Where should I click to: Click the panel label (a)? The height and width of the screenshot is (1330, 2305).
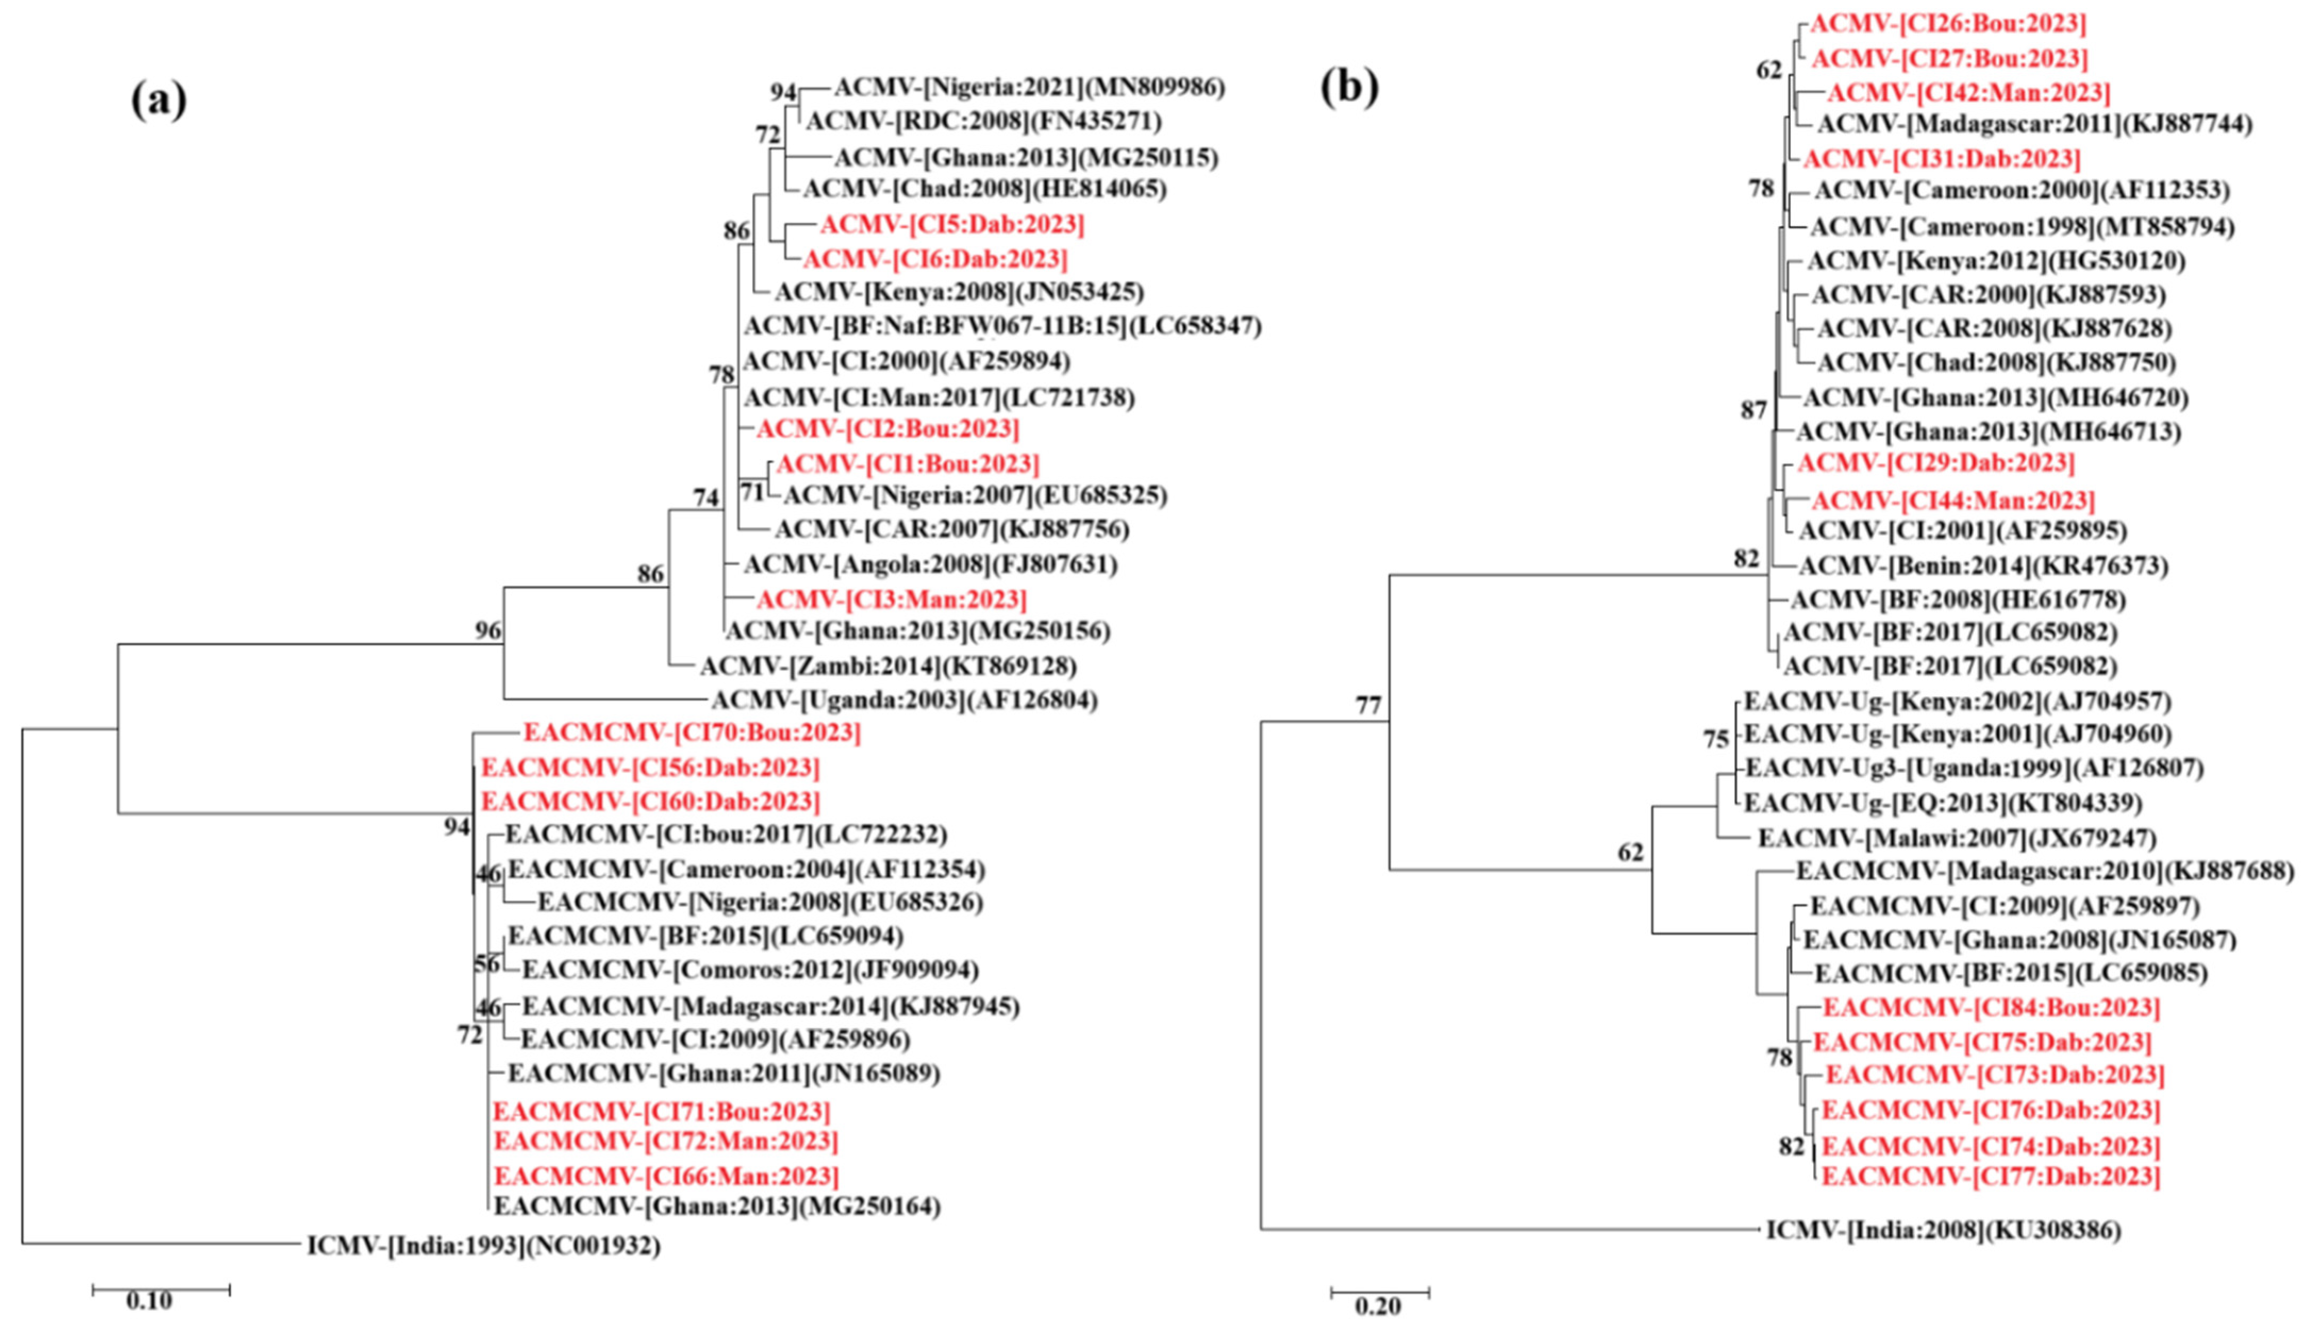point(159,99)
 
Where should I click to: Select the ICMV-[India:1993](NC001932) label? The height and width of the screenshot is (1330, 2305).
point(483,1245)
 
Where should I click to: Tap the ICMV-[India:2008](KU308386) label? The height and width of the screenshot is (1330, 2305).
point(1942,1229)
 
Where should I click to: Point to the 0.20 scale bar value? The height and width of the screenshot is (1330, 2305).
point(1377,1306)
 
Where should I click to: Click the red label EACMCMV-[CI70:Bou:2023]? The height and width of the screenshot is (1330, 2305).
point(691,733)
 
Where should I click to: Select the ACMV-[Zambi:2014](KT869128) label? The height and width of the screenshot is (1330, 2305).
point(888,666)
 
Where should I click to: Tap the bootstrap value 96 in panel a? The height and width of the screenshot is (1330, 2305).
point(488,630)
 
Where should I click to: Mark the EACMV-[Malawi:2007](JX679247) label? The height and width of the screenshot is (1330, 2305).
point(1957,838)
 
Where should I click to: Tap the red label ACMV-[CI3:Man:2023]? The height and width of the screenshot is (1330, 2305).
point(891,599)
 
